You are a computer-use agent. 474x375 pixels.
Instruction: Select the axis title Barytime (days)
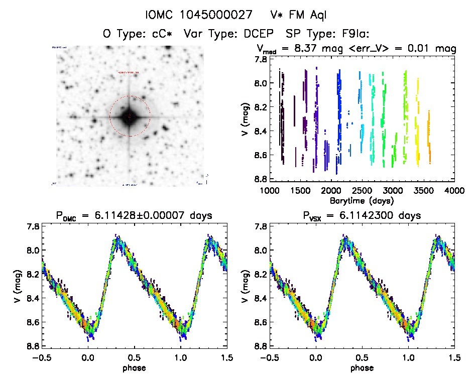362,200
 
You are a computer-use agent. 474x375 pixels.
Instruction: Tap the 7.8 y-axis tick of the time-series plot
261,59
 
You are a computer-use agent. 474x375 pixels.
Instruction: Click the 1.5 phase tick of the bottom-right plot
454,357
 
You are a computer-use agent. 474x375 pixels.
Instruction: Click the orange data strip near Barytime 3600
429,136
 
